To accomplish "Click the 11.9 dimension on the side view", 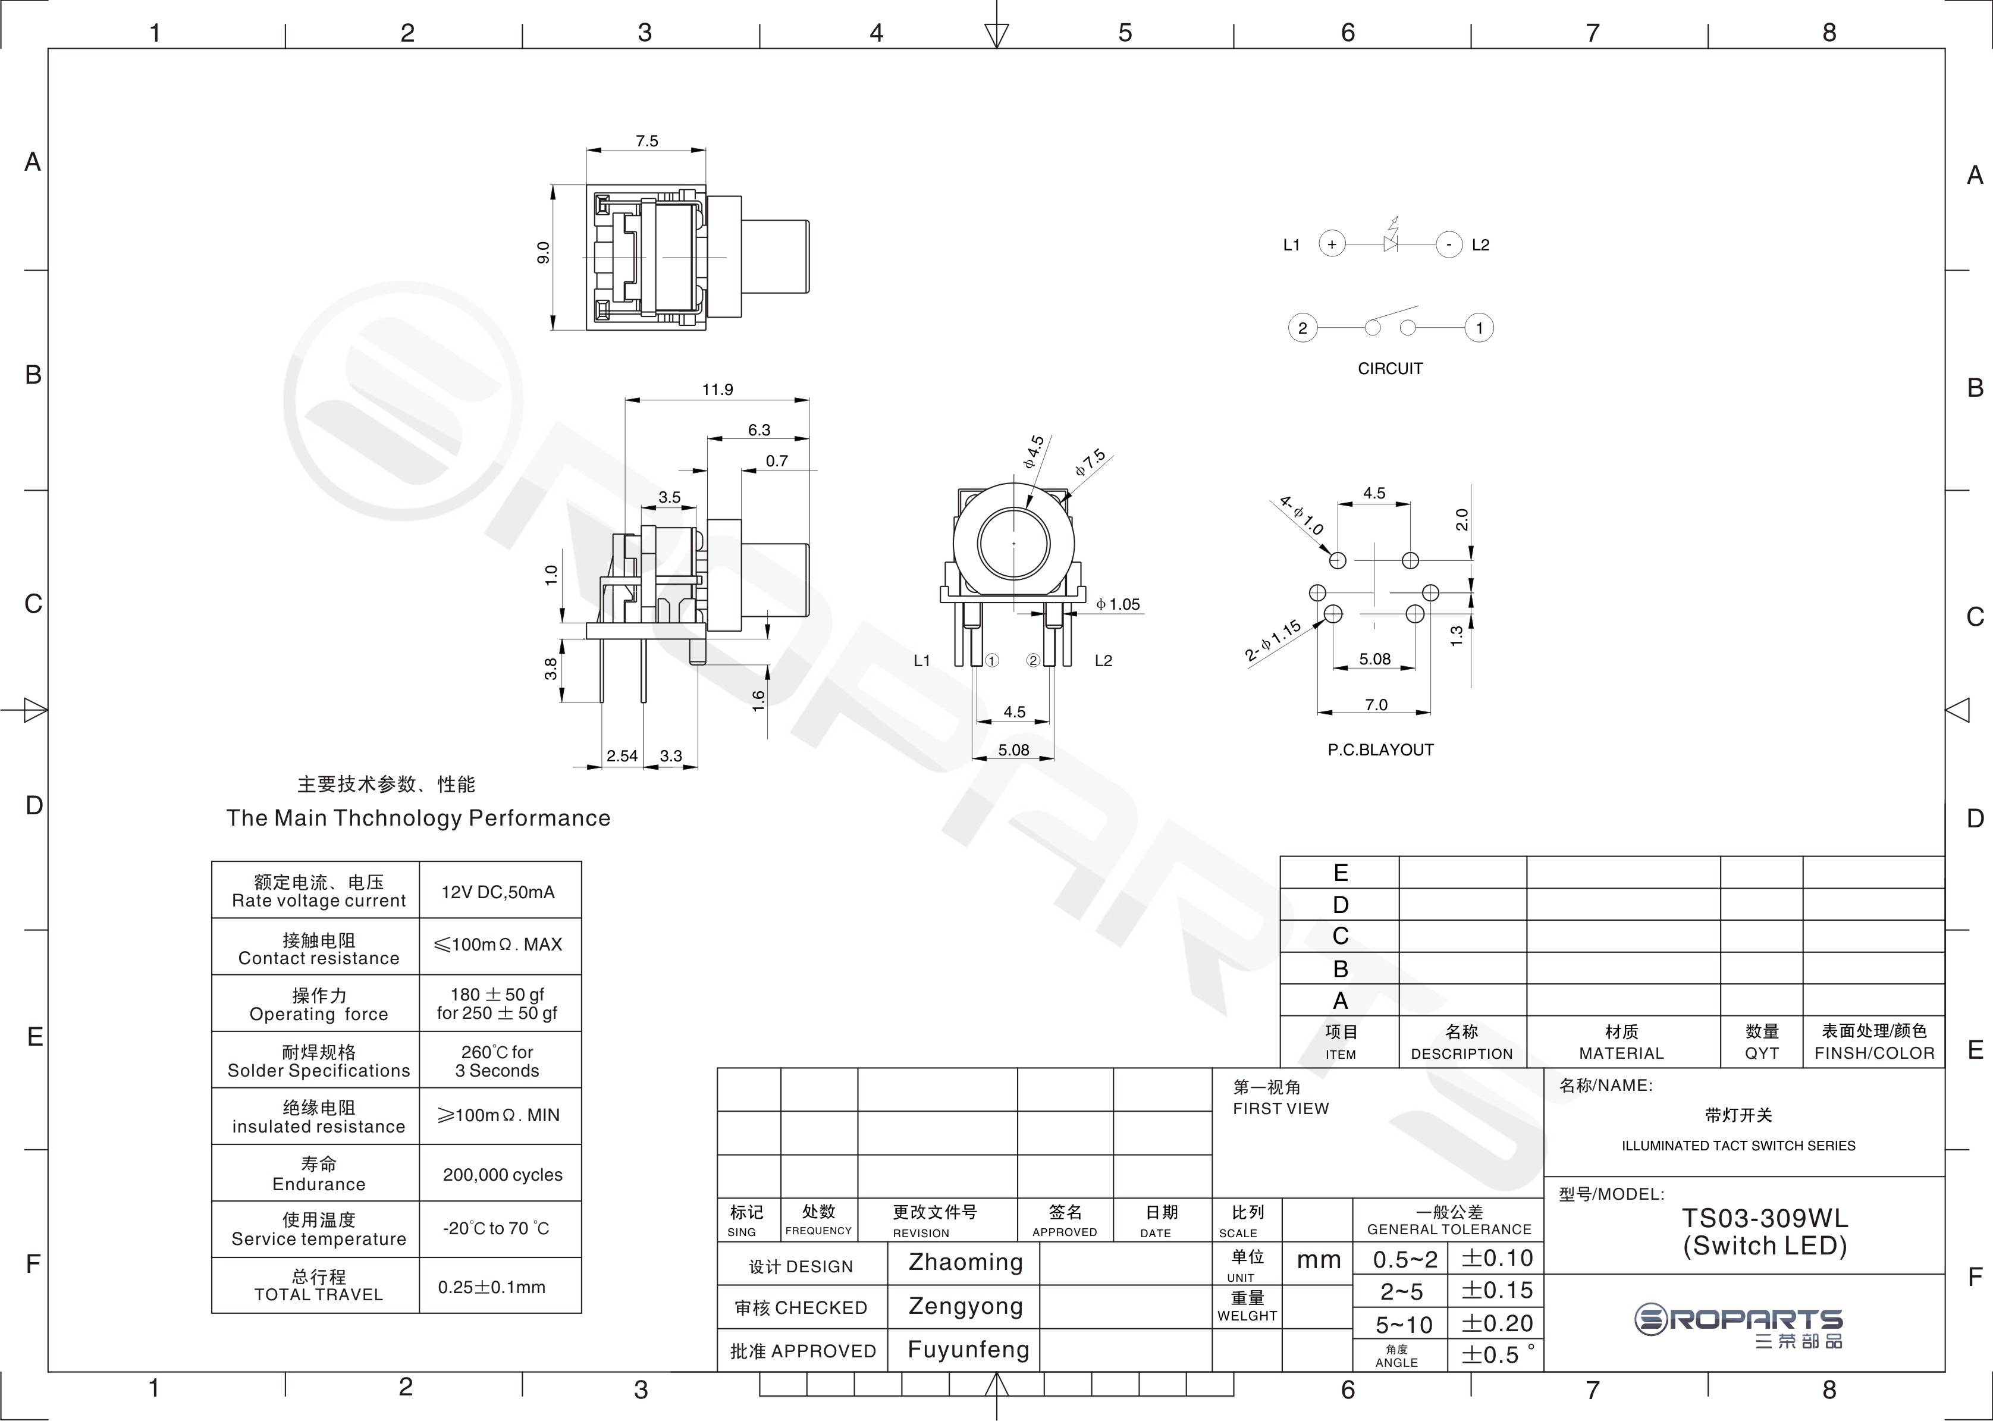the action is [717, 390].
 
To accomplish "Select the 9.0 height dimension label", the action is [544, 253].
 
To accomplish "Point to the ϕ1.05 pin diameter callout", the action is [1118, 604].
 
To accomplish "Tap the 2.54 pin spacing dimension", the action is [622, 756].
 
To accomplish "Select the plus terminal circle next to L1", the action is [1332, 244].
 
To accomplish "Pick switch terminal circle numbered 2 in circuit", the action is [1302, 328].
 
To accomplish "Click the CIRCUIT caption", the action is [1390, 368].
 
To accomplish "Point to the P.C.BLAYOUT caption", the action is [1380, 750].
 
